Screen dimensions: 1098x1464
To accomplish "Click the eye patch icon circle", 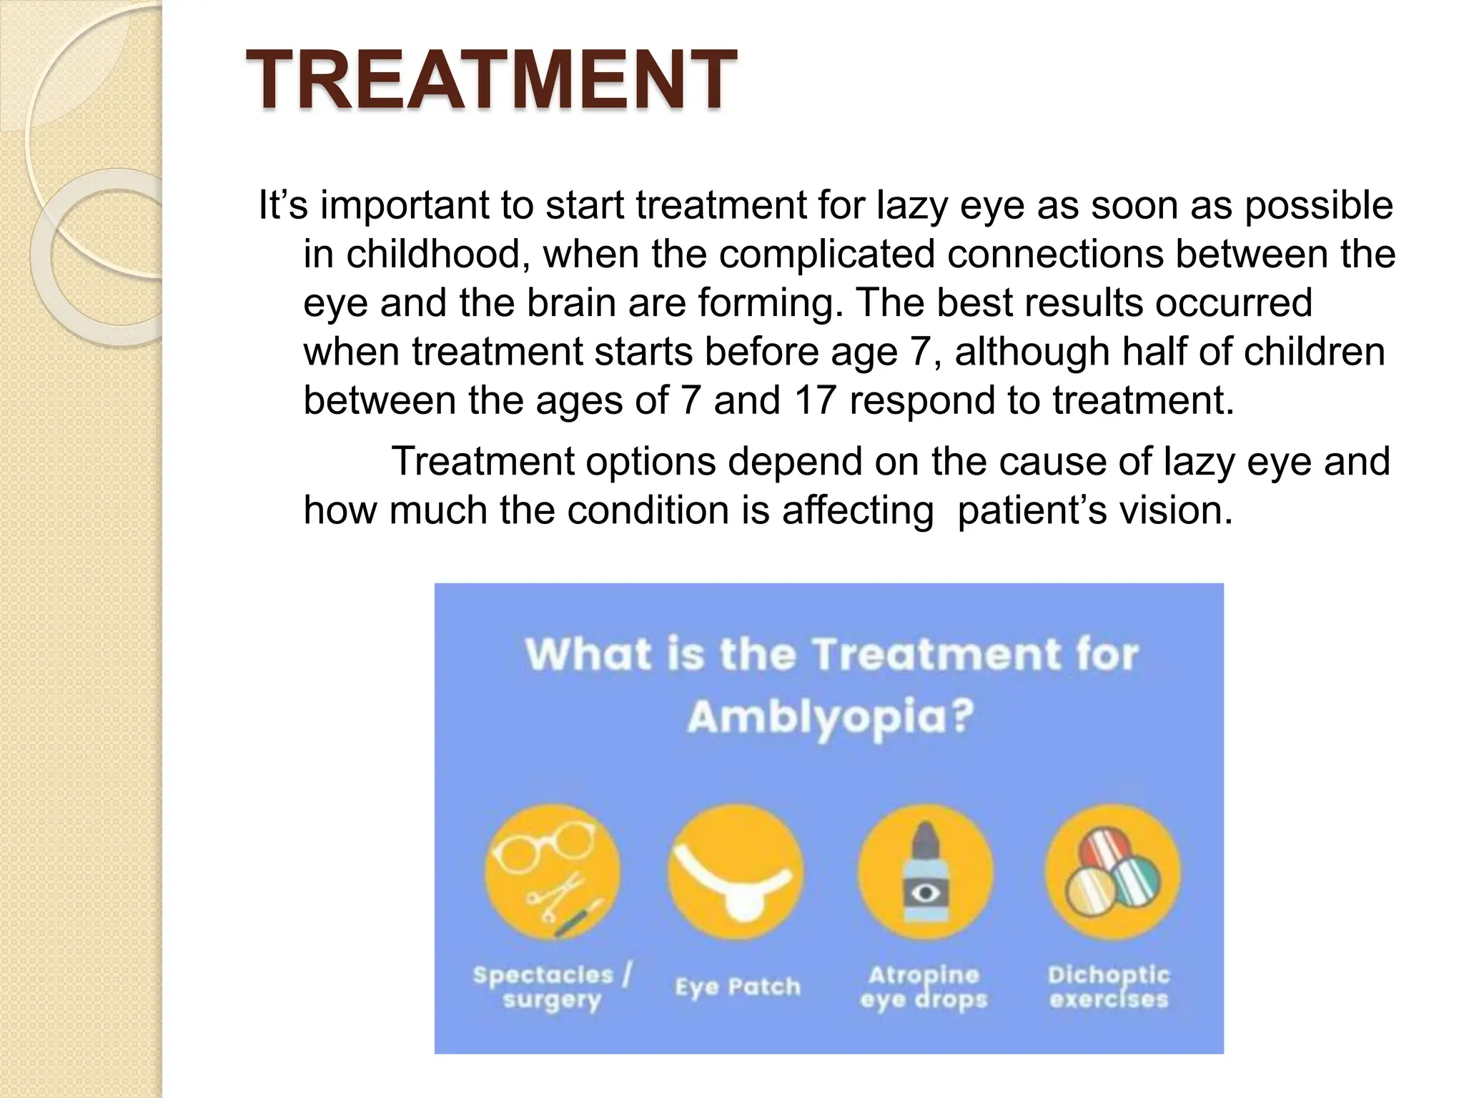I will [x=736, y=871].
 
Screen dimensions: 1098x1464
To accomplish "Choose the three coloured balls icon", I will [x=1112, y=871].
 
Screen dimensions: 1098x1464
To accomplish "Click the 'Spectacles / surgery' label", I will [x=552, y=986].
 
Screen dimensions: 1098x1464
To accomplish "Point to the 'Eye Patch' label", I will [x=738, y=986].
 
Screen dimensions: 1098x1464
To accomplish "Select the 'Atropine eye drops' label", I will [x=924, y=986].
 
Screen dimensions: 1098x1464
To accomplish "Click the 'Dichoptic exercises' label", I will [x=1109, y=986].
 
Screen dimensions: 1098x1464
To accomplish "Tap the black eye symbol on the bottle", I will [x=925, y=892].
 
